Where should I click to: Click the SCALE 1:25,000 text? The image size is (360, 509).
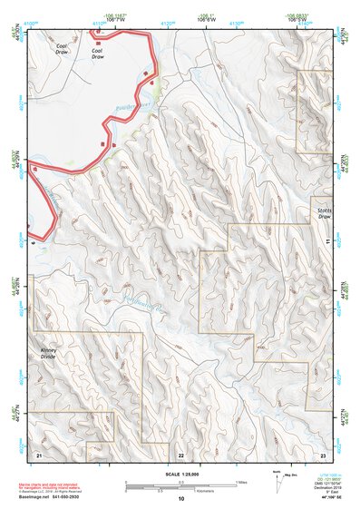click(x=180, y=474)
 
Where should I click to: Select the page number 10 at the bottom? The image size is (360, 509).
click(x=180, y=498)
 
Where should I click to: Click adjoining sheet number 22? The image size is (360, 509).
click(x=180, y=454)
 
